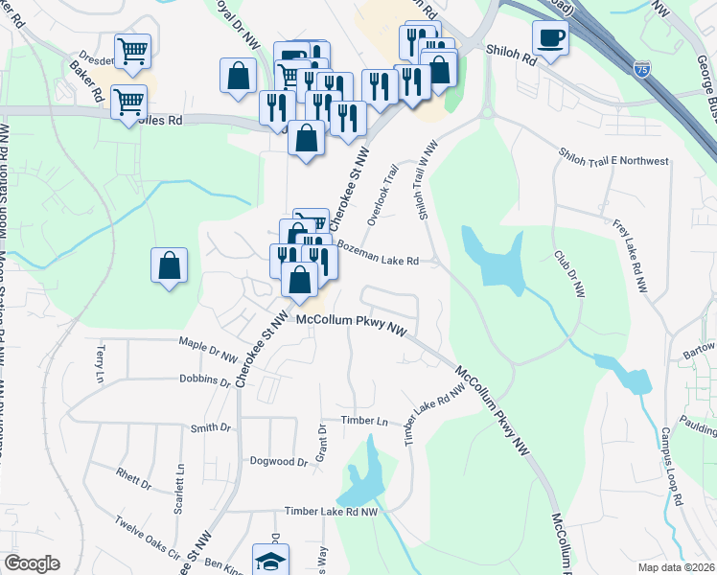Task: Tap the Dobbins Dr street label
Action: tap(205, 379)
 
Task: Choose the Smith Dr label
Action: tap(211, 428)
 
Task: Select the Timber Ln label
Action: tap(367, 422)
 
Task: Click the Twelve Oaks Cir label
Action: tap(148, 538)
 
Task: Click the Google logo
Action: tap(32, 563)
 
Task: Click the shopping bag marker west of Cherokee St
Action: tap(169, 265)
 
